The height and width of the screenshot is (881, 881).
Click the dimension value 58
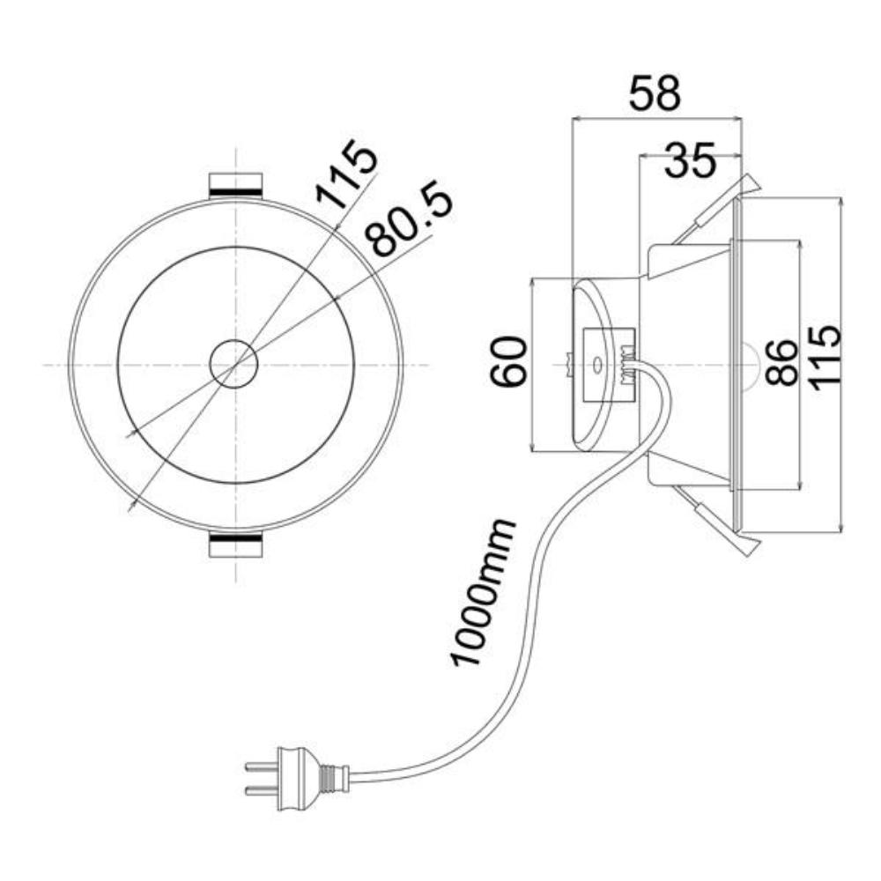[x=655, y=93]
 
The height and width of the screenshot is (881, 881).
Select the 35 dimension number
[x=690, y=160]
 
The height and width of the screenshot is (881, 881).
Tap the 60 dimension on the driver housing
[x=509, y=361]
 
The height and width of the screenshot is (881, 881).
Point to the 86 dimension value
[x=781, y=362]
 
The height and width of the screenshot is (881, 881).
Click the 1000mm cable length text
[x=482, y=593]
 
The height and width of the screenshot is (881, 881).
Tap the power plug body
[x=299, y=778]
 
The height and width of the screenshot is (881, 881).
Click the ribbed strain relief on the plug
[x=334, y=778]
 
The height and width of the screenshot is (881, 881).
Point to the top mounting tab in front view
[x=235, y=185]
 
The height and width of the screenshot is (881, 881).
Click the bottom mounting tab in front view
[x=235, y=544]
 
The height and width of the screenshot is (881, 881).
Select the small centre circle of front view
[x=233, y=364]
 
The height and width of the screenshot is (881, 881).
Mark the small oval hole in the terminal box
[x=596, y=366]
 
